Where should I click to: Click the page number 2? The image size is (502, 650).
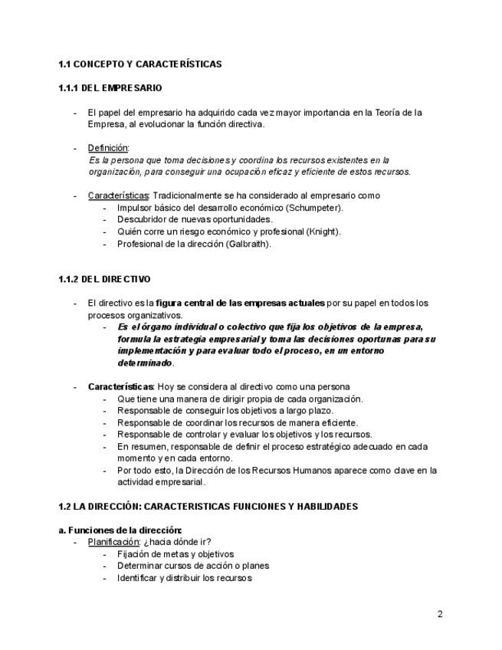click(x=440, y=614)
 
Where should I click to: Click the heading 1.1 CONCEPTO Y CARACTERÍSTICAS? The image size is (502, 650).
click(x=139, y=64)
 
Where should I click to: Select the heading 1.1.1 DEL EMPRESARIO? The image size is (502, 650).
click(x=110, y=88)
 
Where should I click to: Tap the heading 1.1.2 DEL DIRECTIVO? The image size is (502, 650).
click(x=104, y=279)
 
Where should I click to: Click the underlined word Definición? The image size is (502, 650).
click(x=108, y=148)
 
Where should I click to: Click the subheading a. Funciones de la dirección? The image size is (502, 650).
click(x=120, y=530)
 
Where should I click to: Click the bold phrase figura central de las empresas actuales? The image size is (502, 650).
click(x=241, y=303)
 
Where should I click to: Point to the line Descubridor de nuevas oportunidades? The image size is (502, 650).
click(x=195, y=220)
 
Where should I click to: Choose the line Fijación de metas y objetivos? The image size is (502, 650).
click(x=176, y=554)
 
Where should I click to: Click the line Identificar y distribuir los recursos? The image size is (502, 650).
click(x=184, y=578)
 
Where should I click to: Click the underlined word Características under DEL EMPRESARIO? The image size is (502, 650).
click(x=118, y=195)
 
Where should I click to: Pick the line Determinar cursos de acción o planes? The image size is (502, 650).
click(x=193, y=566)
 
